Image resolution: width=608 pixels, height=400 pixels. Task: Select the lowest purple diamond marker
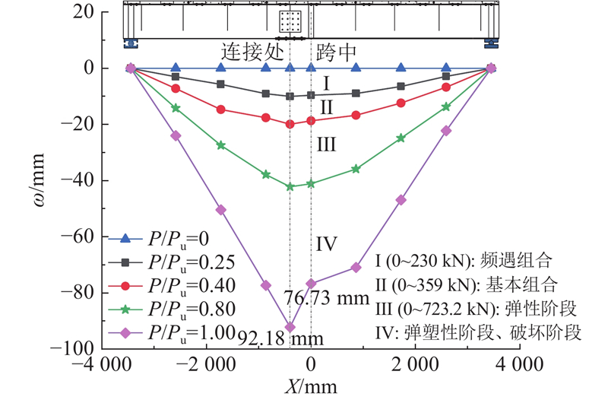[x=290, y=327]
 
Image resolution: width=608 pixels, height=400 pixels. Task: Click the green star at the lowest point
[x=290, y=186]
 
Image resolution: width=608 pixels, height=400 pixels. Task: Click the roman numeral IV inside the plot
[x=327, y=244]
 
